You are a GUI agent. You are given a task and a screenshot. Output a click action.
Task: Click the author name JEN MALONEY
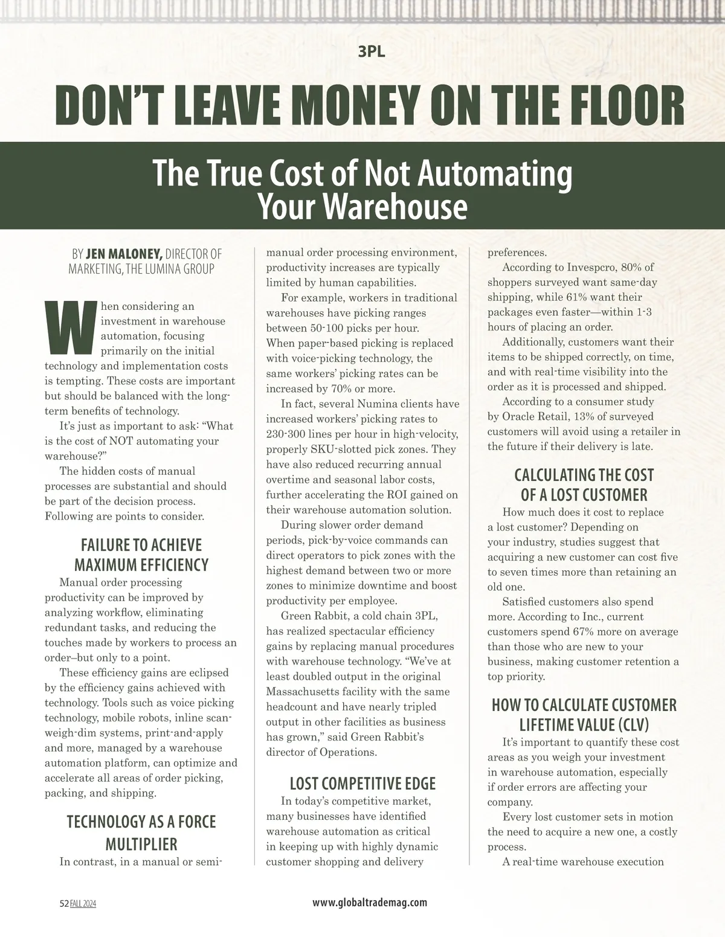click(124, 254)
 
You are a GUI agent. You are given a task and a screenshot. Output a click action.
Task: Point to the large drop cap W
click(71, 328)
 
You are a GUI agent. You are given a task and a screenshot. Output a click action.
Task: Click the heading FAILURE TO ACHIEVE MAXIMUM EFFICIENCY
click(141, 555)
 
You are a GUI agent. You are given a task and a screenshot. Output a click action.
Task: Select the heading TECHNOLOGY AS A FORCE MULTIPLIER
click(141, 832)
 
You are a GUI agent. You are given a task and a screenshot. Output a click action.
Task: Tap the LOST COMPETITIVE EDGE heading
click(362, 784)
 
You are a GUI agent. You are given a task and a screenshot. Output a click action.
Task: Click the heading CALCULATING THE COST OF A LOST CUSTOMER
click(584, 485)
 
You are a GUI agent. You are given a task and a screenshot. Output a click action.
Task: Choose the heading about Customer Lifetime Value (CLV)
click(584, 715)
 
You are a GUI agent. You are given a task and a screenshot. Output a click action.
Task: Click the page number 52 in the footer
click(64, 903)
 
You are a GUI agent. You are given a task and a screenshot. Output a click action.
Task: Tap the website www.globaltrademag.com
click(370, 903)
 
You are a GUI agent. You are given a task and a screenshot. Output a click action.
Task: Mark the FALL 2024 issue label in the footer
click(83, 903)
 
